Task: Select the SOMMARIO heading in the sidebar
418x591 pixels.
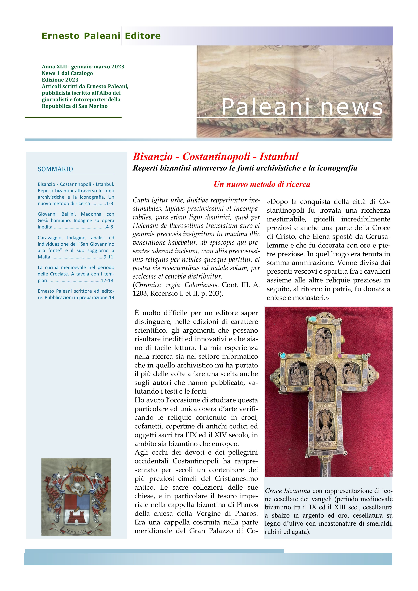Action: [x=55, y=169]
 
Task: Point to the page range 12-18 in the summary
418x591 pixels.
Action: [x=107, y=280]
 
